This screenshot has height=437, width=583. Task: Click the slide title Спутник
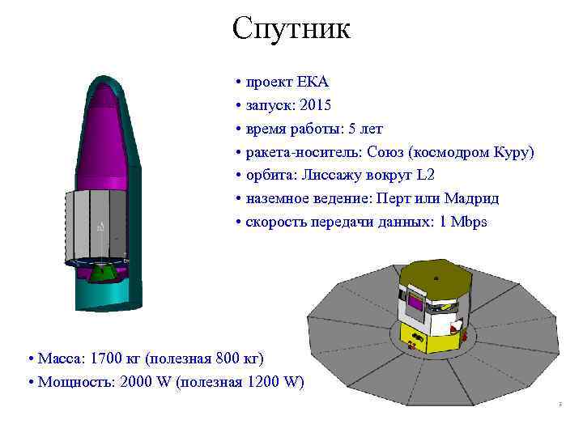[291, 28]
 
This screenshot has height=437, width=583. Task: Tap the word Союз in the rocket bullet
[386, 152]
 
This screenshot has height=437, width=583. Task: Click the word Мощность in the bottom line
[74, 382]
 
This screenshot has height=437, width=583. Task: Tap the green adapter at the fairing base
[102, 273]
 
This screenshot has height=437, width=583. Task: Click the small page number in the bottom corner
[559, 404]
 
